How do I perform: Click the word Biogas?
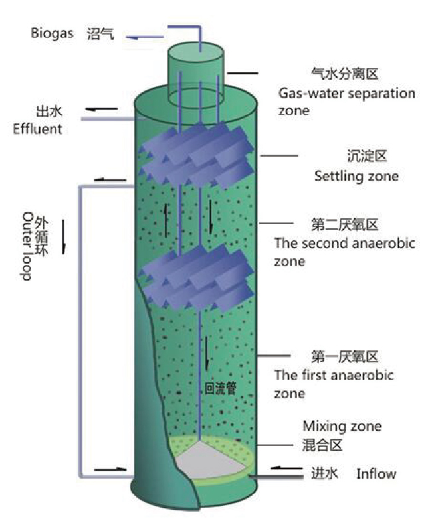pos(51,33)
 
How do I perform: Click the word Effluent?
pos(37,129)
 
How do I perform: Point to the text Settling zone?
pos(356,176)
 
